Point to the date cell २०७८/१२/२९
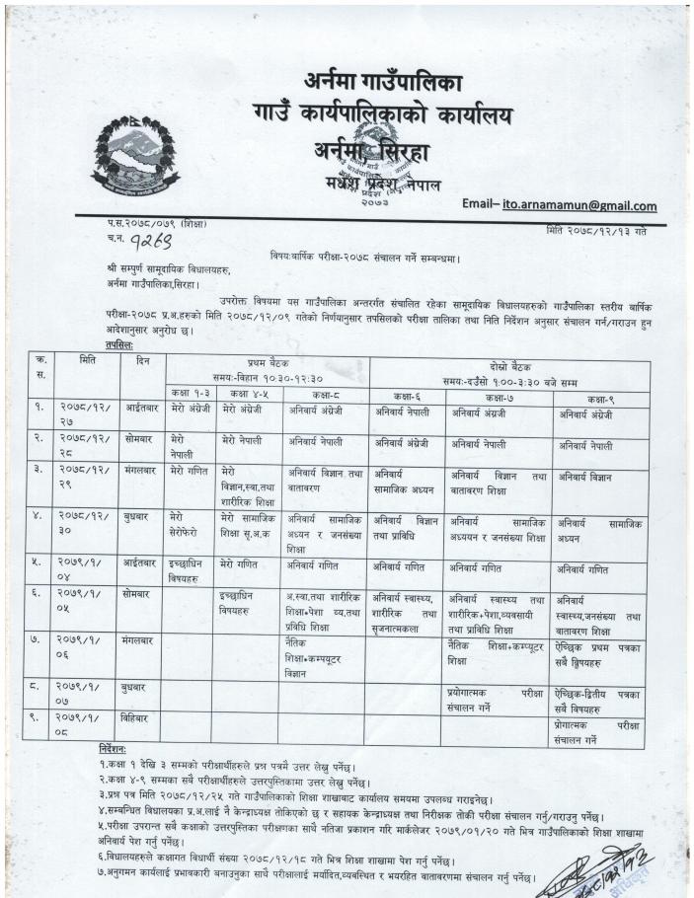81,481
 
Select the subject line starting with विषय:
383,256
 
